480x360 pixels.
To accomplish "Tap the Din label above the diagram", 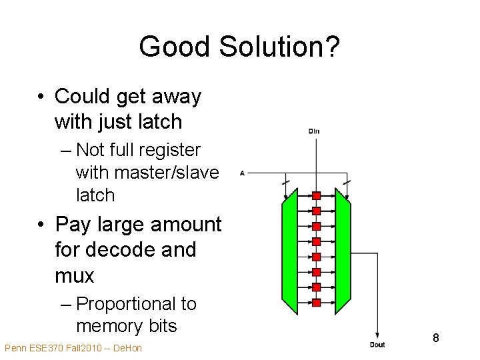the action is (314, 131).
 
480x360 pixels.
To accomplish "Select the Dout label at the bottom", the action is (378, 344).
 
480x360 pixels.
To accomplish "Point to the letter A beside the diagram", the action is (242, 173).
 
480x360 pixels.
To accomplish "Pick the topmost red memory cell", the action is (317, 195).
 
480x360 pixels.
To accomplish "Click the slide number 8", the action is (435, 338).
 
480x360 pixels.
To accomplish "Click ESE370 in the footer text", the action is (43, 348).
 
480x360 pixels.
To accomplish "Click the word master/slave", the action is (167, 173).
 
